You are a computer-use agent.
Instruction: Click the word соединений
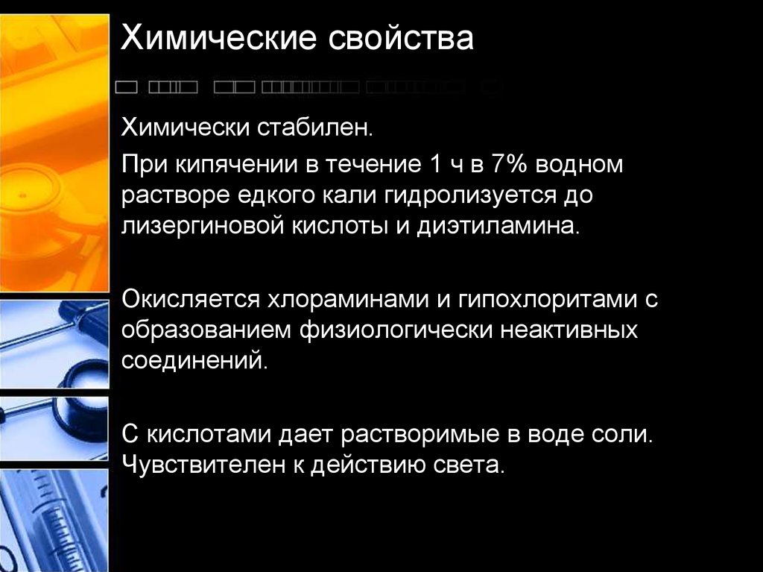(194, 360)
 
